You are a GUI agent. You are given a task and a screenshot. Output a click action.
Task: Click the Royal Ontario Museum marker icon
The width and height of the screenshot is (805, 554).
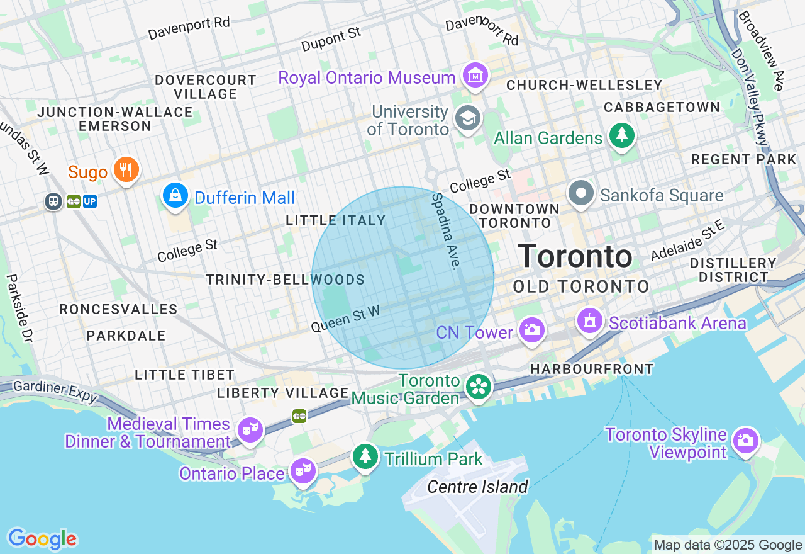click(475, 76)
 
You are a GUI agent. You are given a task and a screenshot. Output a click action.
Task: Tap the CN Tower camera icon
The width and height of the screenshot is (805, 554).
click(532, 330)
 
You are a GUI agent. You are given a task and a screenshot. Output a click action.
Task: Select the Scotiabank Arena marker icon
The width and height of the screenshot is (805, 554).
click(590, 321)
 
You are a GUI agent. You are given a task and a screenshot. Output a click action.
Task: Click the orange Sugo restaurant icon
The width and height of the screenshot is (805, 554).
click(126, 169)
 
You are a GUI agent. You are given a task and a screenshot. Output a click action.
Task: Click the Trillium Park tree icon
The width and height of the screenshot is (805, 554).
click(365, 456)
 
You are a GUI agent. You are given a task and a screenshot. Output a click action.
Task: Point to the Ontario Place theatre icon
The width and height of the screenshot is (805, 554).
click(303, 470)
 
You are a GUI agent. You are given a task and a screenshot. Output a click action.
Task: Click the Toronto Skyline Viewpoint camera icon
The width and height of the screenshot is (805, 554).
click(745, 440)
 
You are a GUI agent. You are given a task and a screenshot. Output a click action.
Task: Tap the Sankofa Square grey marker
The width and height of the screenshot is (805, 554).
click(581, 193)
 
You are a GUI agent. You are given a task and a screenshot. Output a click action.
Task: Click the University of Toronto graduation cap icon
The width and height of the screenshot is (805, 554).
click(468, 118)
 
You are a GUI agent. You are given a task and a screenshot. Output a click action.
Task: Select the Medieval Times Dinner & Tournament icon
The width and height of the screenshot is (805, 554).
click(250, 430)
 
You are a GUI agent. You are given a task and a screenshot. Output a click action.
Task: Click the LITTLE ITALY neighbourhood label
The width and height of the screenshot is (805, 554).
click(335, 220)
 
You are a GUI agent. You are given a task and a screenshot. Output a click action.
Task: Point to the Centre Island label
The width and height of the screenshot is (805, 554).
click(477, 487)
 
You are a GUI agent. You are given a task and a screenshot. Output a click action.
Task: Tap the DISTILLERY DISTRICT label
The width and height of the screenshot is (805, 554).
click(733, 270)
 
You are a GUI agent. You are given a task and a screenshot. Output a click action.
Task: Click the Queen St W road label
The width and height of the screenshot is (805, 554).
click(346, 318)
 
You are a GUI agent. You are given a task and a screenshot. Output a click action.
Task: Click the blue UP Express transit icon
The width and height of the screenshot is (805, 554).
click(90, 201)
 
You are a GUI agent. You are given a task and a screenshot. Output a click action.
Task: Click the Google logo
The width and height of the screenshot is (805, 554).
click(42, 539)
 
